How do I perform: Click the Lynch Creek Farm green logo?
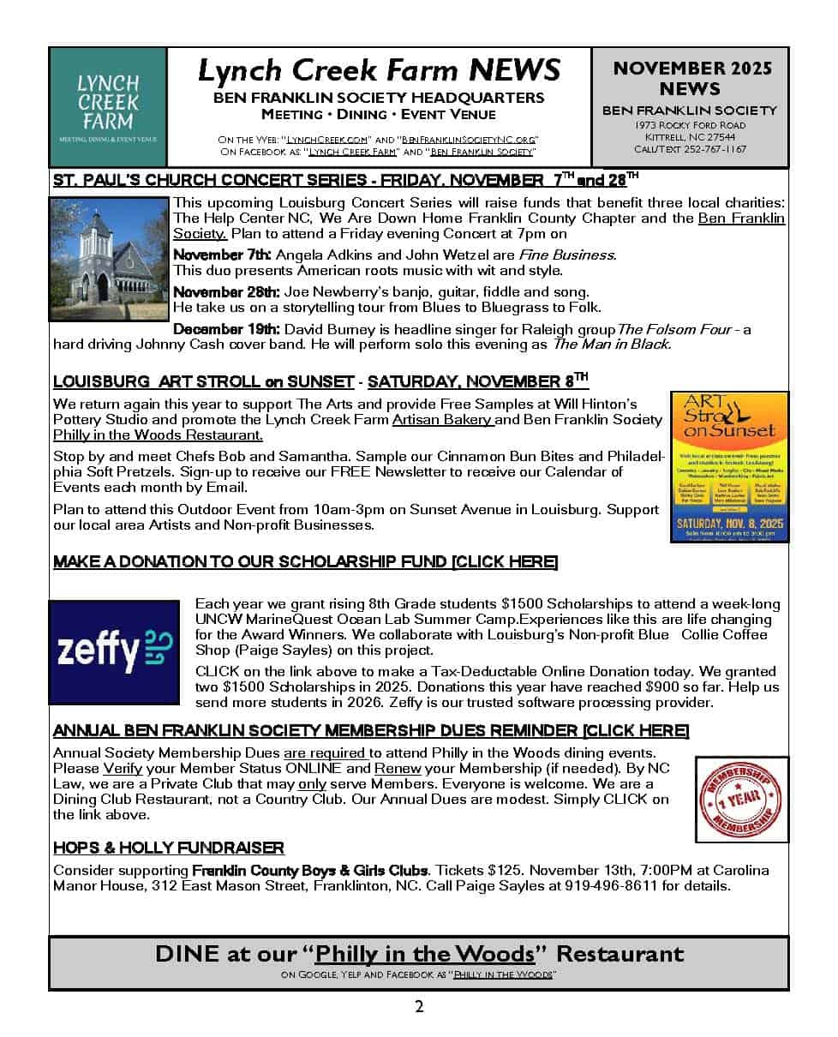tap(108, 106)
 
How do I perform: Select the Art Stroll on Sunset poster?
tap(729, 466)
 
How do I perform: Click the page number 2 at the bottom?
tap(418, 1006)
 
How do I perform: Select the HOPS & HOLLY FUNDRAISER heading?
tap(169, 848)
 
